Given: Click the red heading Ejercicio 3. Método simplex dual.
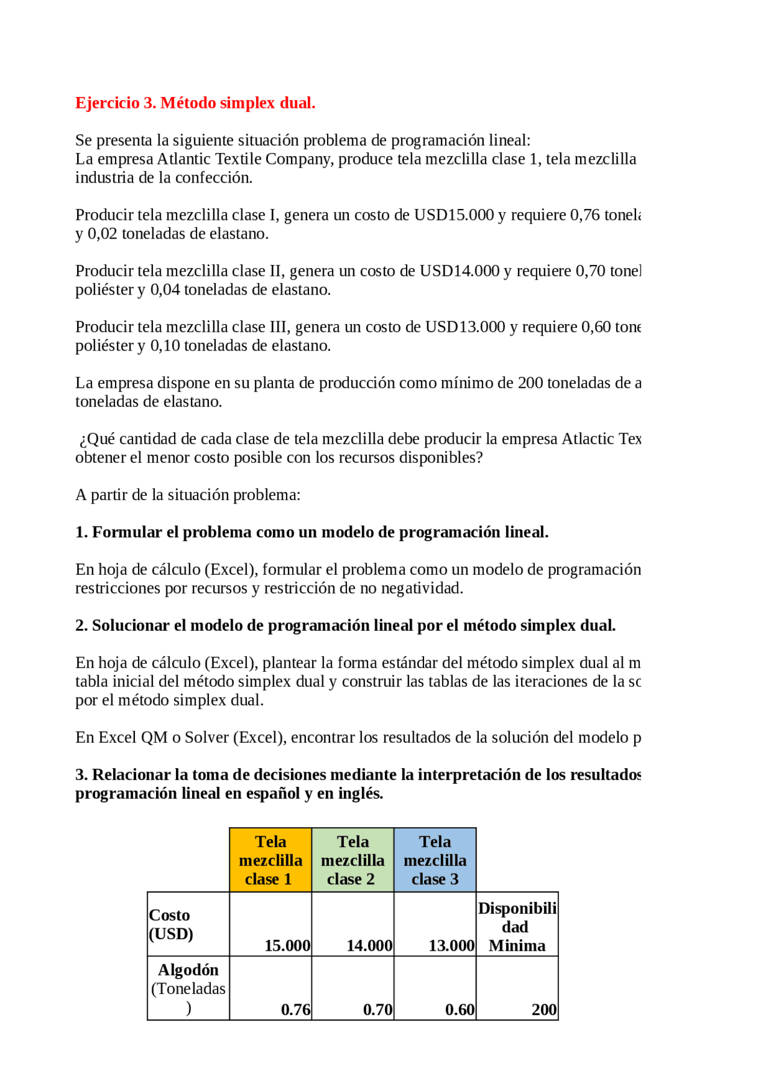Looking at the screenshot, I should coord(195,103).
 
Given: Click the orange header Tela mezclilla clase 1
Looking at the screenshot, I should coord(270,860).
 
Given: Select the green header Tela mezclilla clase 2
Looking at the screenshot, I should coord(352,860).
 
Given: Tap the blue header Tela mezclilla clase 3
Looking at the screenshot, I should coord(435,860).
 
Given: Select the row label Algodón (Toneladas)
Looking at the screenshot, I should coord(188,988).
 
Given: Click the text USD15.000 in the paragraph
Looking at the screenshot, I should coord(454,215).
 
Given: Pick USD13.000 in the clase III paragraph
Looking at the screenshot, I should coord(464,327).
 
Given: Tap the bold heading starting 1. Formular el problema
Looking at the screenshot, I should coord(311,532).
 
